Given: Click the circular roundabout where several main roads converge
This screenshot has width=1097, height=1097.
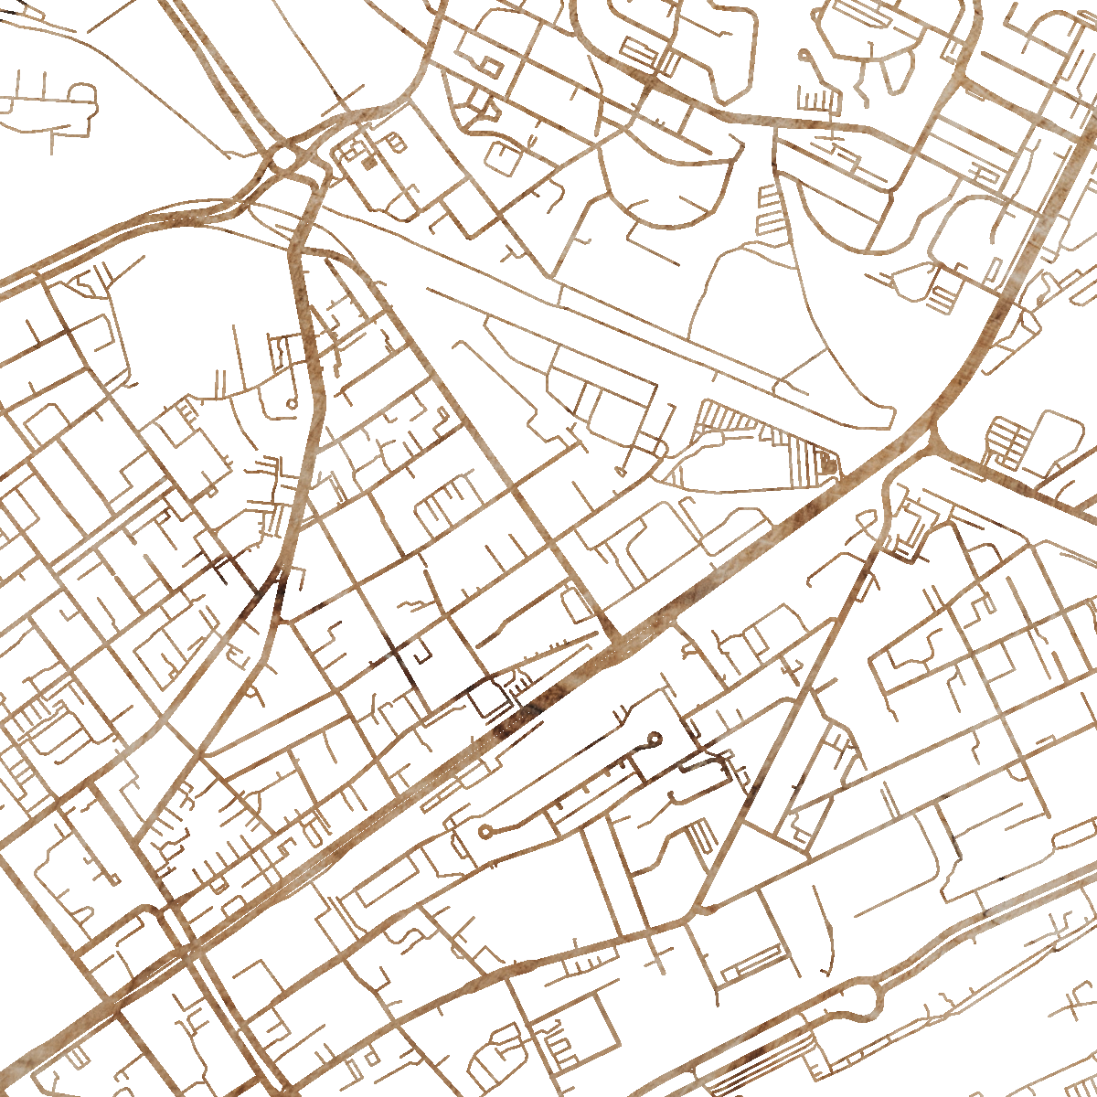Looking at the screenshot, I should (x=285, y=160).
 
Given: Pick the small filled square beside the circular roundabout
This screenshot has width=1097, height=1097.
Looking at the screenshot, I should (x=369, y=164).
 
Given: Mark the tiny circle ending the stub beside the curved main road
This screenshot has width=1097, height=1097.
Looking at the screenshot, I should (x=292, y=402).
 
